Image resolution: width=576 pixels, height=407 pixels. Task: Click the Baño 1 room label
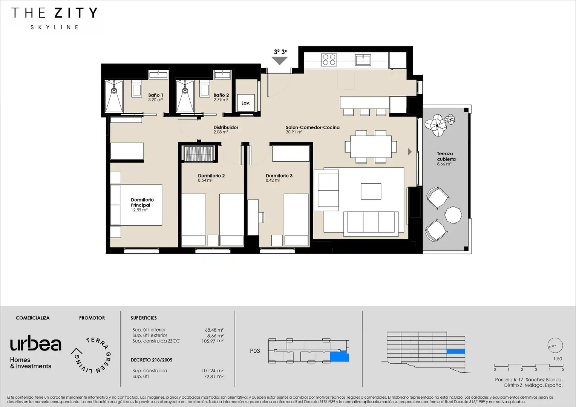[x=156, y=95]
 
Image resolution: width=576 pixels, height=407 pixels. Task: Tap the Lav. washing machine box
[x=246, y=103]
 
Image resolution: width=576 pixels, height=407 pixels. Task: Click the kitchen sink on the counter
[x=363, y=60]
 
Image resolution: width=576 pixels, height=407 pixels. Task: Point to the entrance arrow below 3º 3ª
[x=279, y=61]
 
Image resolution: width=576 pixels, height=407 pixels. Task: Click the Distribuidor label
[x=226, y=127]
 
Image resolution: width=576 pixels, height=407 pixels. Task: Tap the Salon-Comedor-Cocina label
[x=313, y=127]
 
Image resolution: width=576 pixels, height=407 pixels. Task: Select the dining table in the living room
[x=371, y=147]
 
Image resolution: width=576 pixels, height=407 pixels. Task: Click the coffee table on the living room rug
[x=371, y=191]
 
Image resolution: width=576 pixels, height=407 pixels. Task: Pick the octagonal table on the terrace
[x=453, y=215]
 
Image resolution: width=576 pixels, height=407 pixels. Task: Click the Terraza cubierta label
[x=446, y=156]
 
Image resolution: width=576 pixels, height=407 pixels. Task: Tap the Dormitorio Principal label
[x=142, y=202]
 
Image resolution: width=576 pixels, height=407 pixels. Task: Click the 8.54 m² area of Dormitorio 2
[x=205, y=181]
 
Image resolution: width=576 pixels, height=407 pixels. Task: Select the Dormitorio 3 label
[x=279, y=176]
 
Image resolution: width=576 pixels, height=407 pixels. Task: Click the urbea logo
[x=36, y=343]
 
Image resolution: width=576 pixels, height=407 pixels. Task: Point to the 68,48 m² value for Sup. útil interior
[x=214, y=330]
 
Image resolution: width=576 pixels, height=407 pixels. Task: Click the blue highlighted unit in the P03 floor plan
[x=339, y=357]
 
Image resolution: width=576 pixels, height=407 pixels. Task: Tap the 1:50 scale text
[x=558, y=359]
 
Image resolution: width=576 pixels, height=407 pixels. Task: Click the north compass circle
[x=555, y=345]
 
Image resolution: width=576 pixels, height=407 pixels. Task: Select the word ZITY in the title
[x=76, y=13]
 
